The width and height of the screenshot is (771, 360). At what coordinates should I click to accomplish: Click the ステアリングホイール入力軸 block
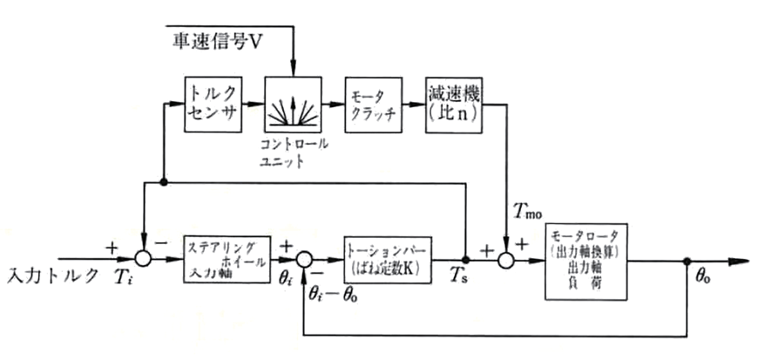[225, 259]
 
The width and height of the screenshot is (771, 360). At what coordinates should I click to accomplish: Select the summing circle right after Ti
[143, 259]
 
